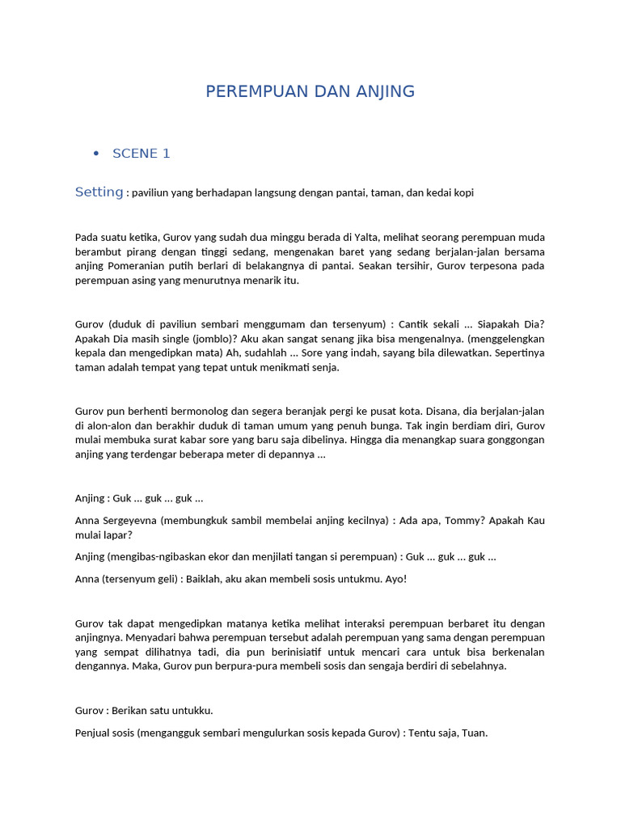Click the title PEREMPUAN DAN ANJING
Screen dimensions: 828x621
pos(310,91)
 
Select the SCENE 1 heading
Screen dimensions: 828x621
pos(141,154)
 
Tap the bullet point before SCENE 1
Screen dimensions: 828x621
pos(96,154)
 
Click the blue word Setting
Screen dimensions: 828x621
pos(99,192)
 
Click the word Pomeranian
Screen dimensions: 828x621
pos(138,266)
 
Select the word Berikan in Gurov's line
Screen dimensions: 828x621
pos(139,710)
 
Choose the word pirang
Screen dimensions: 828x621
pos(138,251)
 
